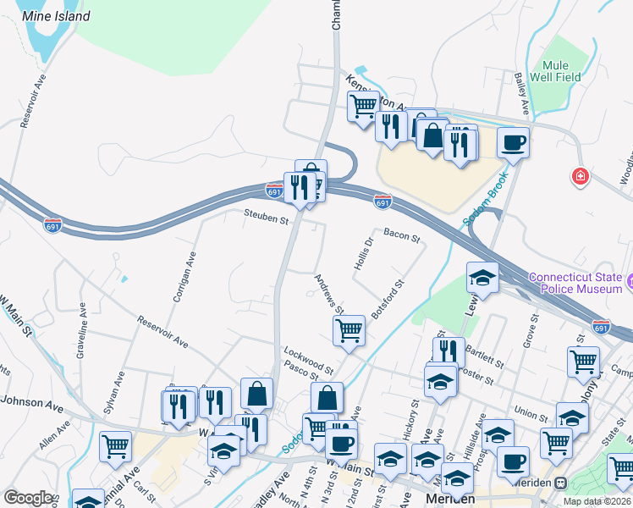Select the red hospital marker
click(x=581, y=177)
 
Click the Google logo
click(x=29, y=498)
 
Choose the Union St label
click(x=531, y=415)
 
